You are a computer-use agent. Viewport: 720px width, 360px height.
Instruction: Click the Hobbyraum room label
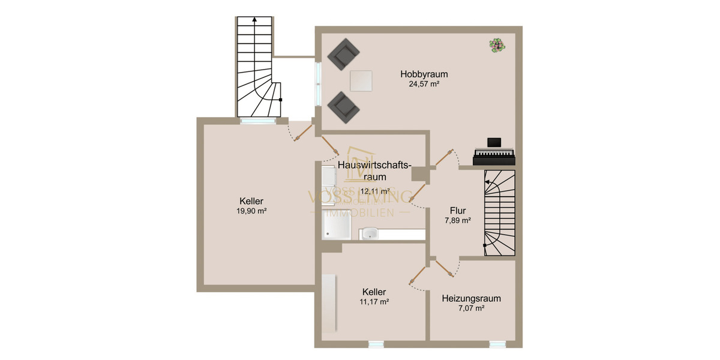(x=424, y=74)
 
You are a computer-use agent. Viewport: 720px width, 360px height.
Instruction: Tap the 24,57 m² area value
(x=424, y=85)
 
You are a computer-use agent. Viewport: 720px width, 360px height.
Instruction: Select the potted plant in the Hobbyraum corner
(x=496, y=46)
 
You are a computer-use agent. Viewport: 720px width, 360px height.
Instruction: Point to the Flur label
(x=458, y=210)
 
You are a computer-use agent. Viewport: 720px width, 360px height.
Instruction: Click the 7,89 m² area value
(x=458, y=221)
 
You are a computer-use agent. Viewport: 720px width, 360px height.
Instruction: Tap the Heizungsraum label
(x=471, y=298)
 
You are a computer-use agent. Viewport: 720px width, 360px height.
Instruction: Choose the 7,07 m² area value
(x=471, y=308)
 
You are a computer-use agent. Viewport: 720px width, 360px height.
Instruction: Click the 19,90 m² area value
(x=251, y=211)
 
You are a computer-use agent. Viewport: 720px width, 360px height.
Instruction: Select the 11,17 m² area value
(x=374, y=302)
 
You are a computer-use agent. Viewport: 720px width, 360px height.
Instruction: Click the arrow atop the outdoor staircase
(x=255, y=20)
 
